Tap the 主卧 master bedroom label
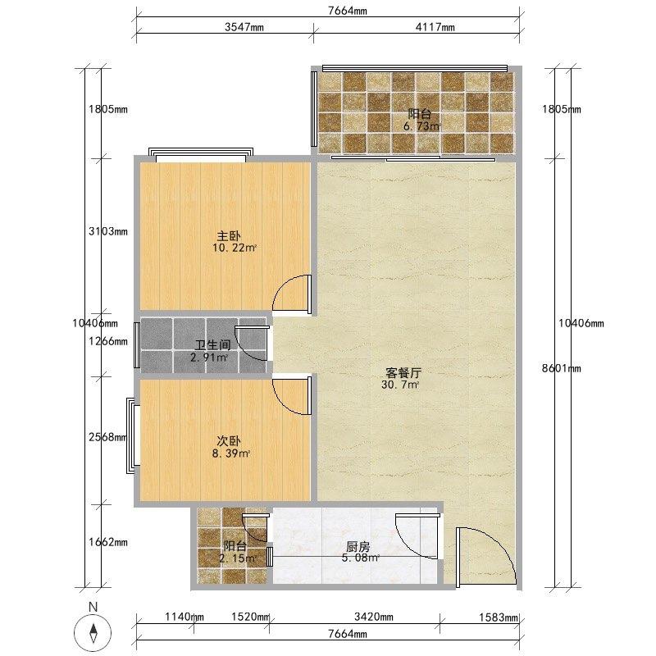(x=229, y=236)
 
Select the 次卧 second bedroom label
(x=229, y=441)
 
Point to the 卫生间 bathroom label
(x=213, y=345)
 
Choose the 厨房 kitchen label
(x=358, y=546)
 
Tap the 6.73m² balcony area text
(x=421, y=126)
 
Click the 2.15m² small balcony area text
(x=237, y=558)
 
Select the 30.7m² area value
(x=400, y=385)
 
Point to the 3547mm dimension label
(x=244, y=27)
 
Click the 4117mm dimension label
(x=435, y=27)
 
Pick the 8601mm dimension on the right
(x=562, y=368)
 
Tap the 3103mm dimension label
(x=108, y=231)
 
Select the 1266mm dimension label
(x=108, y=341)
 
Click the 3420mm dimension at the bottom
(x=374, y=617)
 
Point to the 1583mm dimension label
(x=499, y=617)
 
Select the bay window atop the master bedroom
(x=201, y=154)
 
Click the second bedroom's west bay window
(x=133, y=435)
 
